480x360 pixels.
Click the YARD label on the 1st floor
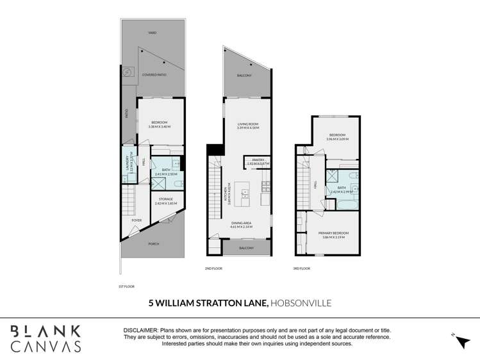[x=153, y=32]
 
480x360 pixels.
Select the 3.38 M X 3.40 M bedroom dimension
[x=160, y=126]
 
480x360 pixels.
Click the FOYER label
[x=137, y=220]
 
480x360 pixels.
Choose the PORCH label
[x=154, y=244]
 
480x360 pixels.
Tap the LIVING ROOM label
[x=247, y=125]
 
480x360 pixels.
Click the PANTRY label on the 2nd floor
[x=258, y=160]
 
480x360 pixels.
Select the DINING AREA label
[x=242, y=224]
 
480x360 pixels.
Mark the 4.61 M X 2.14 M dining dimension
[x=242, y=227]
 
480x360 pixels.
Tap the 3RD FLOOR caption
[x=301, y=268]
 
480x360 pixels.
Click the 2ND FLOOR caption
[x=213, y=268]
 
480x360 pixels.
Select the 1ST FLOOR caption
[x=127, y=286]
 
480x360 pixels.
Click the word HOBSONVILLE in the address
[x=301, y=303]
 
